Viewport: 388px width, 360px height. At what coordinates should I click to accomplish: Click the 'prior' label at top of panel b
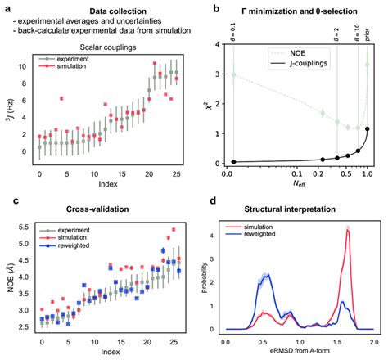pos(368,33)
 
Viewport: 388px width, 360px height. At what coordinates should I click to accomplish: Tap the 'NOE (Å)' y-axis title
pos(8,274)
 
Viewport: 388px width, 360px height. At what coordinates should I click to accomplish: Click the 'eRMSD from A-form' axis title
pos(300,352)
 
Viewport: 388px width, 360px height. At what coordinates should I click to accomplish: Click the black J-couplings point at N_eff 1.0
pos(368,128)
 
